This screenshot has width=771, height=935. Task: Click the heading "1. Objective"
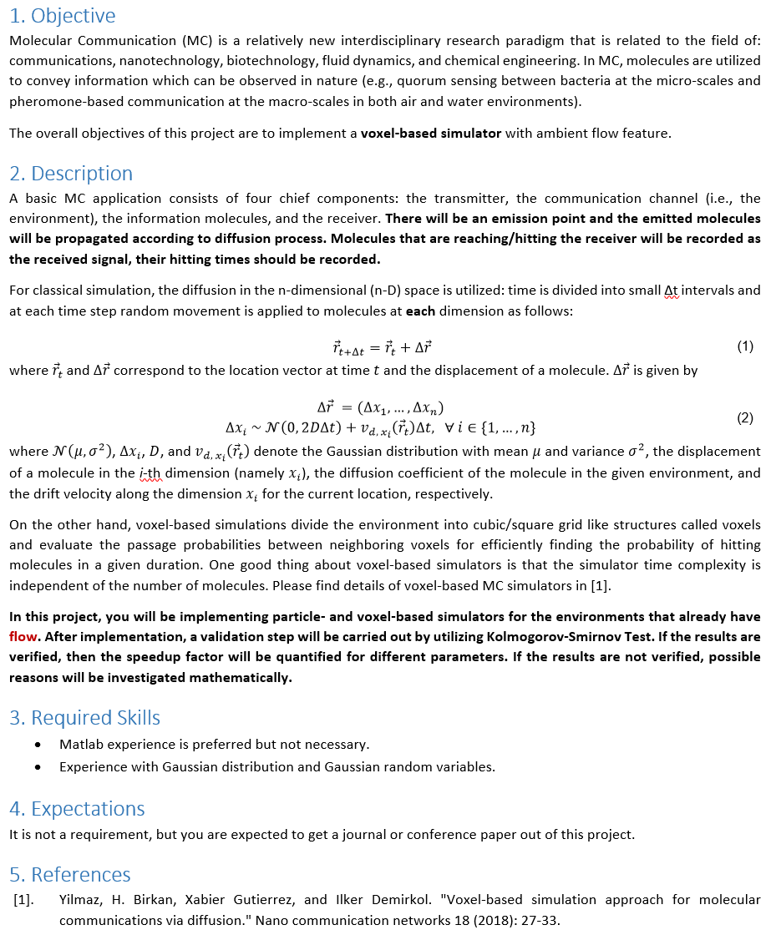63,16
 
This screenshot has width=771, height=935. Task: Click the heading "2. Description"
71,174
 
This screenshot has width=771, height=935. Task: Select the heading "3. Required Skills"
84,718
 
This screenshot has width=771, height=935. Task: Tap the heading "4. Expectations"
77,809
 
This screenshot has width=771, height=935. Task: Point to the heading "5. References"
70,875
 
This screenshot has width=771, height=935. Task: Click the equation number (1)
745,346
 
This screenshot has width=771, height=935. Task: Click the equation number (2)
745,418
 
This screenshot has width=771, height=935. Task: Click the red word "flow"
23,636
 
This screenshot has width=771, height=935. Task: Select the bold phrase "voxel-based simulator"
431,134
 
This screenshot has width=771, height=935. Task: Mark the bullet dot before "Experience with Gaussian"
38,766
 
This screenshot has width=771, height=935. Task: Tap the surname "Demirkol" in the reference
399,901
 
